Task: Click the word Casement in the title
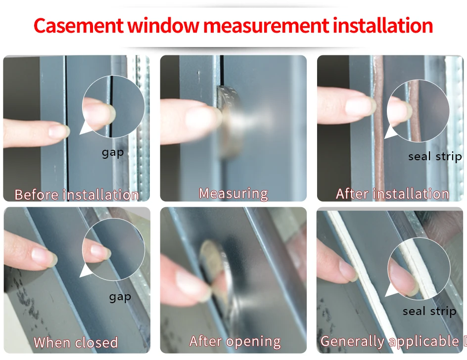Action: (x=78, y=26)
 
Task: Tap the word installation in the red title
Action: (x=383, y=26)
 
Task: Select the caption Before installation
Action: (x=77, y=195)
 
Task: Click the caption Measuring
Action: (x=233, y=193)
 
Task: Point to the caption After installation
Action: (x=392, y=194)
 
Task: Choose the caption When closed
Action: (x=76, y=342)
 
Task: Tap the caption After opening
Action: (x=235, y=342)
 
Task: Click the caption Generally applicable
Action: (x=390, y=341)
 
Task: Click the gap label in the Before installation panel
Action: (x=113, y=153)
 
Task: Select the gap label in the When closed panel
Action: (x=120, y=297)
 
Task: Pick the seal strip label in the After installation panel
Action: (x=435, y=156)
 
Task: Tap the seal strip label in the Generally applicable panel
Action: (x=429, y=311)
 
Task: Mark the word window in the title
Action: (x=163, y=26)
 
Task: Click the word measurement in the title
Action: (x=266, y=26)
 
